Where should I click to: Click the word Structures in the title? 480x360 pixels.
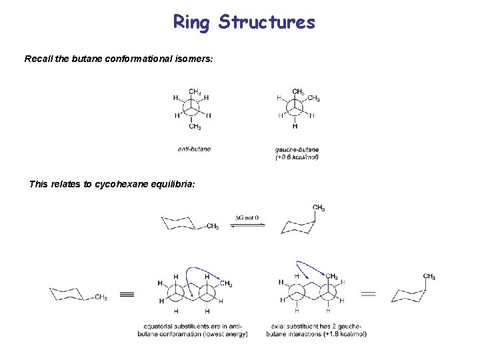(267, 22)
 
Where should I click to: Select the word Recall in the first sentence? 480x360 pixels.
(39, 59)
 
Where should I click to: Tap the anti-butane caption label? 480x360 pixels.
(194, 149)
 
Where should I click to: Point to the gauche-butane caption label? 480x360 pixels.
(296, 149)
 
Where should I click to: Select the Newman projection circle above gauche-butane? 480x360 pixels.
(295, 107)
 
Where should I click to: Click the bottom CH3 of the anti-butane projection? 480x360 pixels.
(195, 127)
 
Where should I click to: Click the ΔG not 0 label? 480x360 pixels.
(247, 217)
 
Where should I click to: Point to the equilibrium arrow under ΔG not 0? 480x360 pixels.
(247, 225)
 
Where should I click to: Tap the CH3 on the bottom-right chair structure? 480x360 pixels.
(429, 277)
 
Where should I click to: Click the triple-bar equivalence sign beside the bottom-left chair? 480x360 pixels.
(127, 294)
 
